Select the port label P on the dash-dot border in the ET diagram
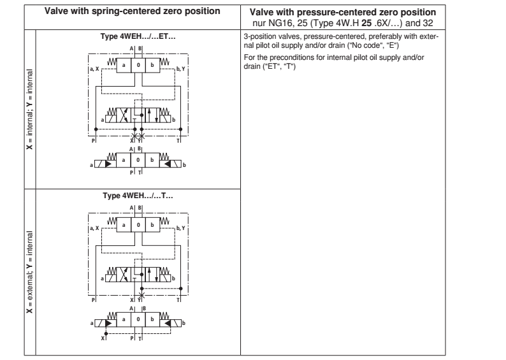(x=94, y=140)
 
